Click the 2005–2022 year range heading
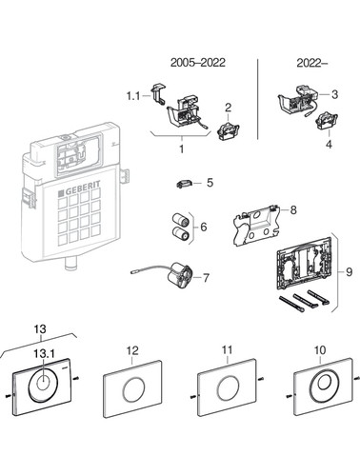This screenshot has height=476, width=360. [198, 62]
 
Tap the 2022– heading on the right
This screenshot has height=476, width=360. [311, 63]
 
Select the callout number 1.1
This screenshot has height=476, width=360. [133, 95]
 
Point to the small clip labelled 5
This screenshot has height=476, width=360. [184, 184]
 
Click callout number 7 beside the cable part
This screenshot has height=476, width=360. [206, 278]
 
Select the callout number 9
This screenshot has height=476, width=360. [349, 271]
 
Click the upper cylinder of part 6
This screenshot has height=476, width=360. [180, 220]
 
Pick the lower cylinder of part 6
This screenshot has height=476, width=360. [180, 234]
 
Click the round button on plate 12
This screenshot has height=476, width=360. [133, 390]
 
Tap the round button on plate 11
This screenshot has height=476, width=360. [229, 387]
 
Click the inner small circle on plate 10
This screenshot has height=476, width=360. [324, 382]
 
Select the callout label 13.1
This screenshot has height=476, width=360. [44, 353]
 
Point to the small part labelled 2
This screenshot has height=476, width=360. [229, 131]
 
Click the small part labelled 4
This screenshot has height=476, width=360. [327, 121]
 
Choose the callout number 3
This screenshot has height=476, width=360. [334, 94]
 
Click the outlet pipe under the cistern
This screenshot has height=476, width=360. [71, 265]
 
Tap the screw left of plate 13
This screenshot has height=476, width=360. [10, 396]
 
